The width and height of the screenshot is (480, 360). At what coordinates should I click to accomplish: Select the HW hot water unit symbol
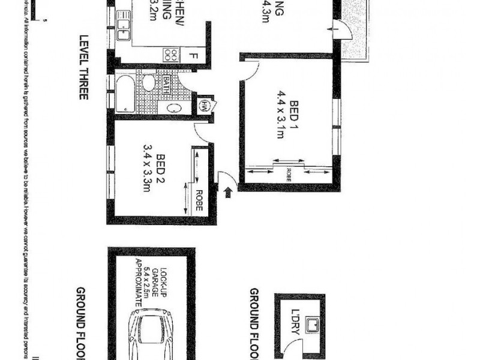pos(205,105)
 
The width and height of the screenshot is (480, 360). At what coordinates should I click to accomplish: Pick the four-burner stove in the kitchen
pos(170,55)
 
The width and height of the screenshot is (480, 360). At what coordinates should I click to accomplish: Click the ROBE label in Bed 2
pos(199,200)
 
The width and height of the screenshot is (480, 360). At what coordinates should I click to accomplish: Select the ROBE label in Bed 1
pos(289,175)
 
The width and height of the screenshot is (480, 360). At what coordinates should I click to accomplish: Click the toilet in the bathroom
pos(149,82)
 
